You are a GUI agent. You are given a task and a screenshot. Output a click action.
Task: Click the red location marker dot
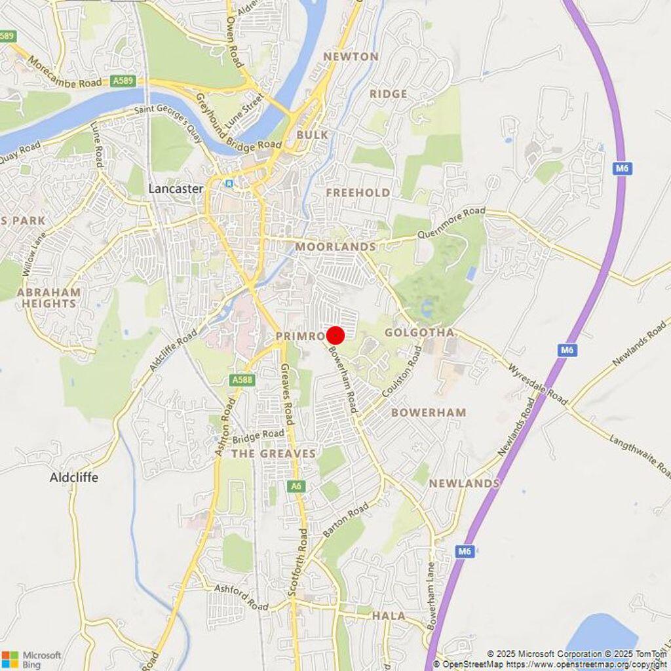click(335, 335)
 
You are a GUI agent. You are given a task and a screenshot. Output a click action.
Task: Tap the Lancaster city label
click(176, 189)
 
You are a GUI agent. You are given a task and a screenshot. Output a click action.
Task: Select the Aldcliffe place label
click(74, 478)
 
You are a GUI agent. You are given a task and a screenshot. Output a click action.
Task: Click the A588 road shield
click(242, 379)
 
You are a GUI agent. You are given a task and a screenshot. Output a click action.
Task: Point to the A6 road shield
click(296, 486)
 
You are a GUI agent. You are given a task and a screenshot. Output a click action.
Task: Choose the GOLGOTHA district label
click(419, 333)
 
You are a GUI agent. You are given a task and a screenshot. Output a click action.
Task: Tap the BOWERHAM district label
click(429, 412)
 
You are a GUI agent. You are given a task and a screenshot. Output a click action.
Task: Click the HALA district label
click(389, 616)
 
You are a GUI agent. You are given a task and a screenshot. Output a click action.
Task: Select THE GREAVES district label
click(273, 453)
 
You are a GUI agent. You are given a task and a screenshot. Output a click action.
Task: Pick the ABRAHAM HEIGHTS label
click(49, 298)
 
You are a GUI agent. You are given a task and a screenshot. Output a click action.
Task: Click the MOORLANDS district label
click(335, 246)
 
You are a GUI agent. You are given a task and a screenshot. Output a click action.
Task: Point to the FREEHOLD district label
click(358, 193)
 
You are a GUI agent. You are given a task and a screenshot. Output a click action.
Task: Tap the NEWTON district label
click(351, 57)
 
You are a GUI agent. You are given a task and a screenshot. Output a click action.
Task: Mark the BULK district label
click(312, 135)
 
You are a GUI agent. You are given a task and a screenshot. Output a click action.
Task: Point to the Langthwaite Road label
click(639, 456)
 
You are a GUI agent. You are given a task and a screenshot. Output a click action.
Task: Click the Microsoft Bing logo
click(31, 659)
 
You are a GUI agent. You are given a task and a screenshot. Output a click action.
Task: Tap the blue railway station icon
click(229, 184)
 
